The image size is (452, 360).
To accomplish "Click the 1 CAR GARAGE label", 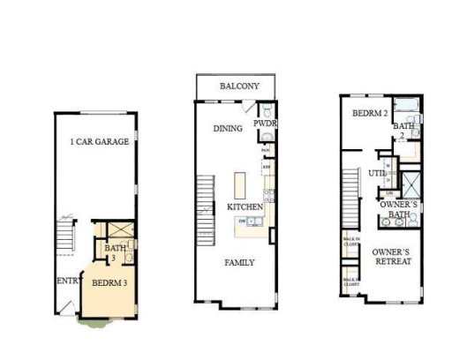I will point(100,141).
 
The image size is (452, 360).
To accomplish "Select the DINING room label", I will point(228,129).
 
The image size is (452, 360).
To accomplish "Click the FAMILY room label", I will point(239,262).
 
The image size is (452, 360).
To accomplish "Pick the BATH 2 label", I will point(404,131).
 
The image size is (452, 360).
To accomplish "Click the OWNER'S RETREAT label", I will point(393,257).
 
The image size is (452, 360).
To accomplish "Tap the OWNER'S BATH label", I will point(398,210).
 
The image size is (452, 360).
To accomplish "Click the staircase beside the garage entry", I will point(63,236).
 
